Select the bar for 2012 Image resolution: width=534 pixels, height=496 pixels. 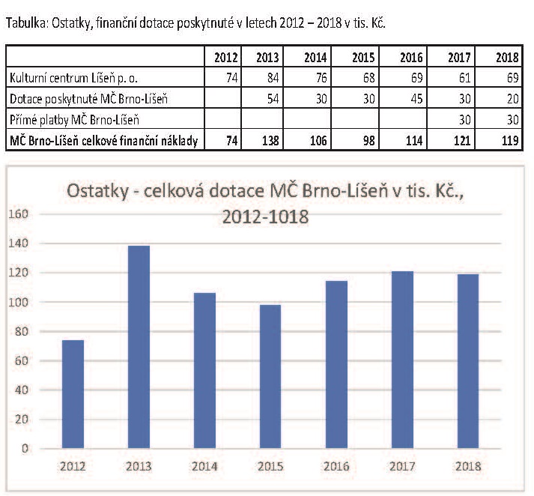point(72,394)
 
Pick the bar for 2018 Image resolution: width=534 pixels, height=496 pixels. point(468,361)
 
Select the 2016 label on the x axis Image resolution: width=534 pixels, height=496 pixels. point(336,465)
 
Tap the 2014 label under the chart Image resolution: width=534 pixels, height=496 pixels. point(204,465)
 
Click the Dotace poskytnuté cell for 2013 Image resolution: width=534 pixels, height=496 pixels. point(272,98)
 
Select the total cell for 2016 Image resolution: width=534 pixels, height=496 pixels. point(413,140)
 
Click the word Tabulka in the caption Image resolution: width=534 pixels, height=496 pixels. point(25,23)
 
